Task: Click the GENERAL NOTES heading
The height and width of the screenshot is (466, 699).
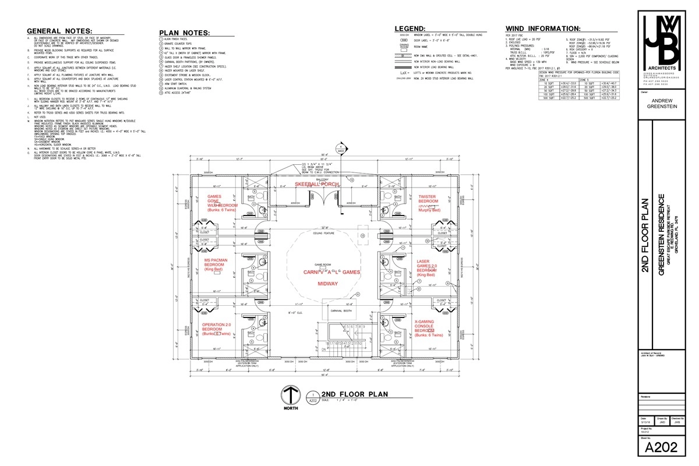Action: coord(59,31)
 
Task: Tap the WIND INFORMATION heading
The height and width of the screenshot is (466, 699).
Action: coord(542,28)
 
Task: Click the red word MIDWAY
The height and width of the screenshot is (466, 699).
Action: coord(327,284)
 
